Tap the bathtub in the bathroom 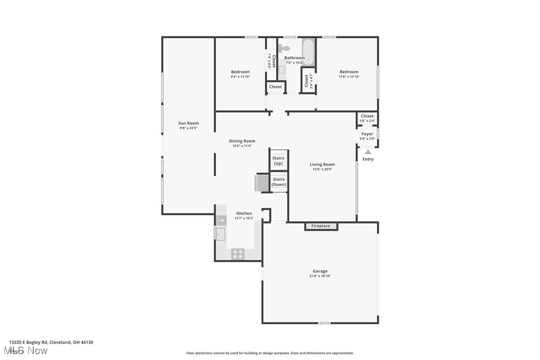(308, 52)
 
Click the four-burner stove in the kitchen (238, 254)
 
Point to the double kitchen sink (220, 233)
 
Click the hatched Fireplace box (321, 226)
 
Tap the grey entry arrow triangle (368, 152)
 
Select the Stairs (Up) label (278, 161)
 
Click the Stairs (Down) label (279, 181)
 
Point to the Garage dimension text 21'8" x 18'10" (320, 276)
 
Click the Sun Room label (188, 123)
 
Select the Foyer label (367, 134)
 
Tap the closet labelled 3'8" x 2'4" (367, 118)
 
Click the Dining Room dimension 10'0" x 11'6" (242, 146)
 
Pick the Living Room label (322, 164)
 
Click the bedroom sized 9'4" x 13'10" (240, 74)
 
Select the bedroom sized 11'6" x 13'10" (349, 74)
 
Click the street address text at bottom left (51, 342)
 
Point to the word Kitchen (244, 213)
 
